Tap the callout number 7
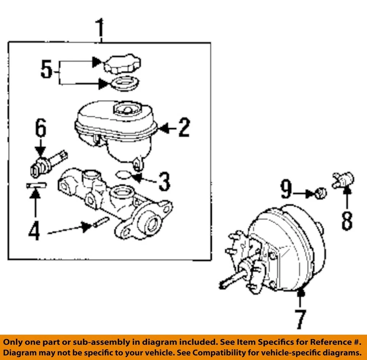click(300, 319)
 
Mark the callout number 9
click(286, 190)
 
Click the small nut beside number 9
click(322, 193)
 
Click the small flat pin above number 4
click(36, 186)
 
